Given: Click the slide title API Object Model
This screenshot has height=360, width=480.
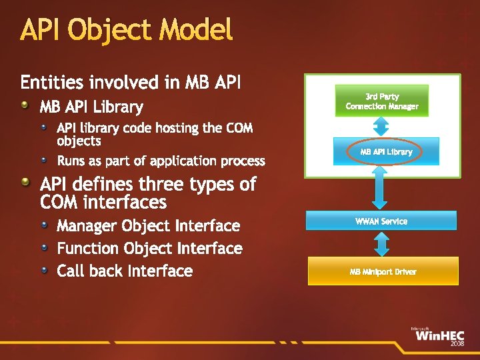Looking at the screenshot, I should coord(127,31).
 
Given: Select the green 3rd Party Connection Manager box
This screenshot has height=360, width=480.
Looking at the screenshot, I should coord(382,101).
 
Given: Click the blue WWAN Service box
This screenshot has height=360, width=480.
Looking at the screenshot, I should coord(381,221).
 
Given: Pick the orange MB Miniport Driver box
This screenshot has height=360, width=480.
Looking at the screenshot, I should coord(383,271).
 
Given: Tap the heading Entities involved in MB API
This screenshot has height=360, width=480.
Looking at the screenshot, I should coord(131,83).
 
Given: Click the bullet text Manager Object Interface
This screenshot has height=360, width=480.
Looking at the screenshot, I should coord(148,226).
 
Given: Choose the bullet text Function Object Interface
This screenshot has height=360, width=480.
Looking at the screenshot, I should coord(149,249).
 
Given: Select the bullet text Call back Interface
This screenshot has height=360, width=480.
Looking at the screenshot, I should coord(125,271).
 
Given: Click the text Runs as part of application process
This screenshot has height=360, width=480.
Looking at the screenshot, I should coord(161,161).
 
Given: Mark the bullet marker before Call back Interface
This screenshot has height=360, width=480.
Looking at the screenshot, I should coord(44,270).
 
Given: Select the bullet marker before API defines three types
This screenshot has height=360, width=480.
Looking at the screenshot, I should coord(25,182).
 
